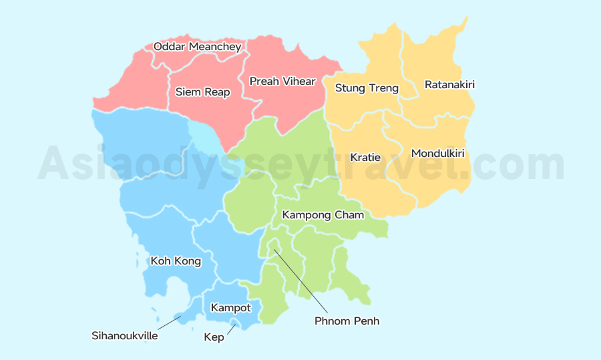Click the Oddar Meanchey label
point(197,47)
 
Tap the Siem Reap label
point(202,92)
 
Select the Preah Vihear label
point(282,81)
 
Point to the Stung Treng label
point(367,88)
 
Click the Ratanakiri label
point(449,85)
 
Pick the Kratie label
point(365,158)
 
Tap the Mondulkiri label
point(437,154)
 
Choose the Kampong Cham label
point(323,215)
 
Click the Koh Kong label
point(176,261)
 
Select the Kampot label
point(230,308)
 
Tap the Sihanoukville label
point(125,336)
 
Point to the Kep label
point(214,337)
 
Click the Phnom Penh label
point(347,321)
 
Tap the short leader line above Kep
point(231,328)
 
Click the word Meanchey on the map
point(214,47)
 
